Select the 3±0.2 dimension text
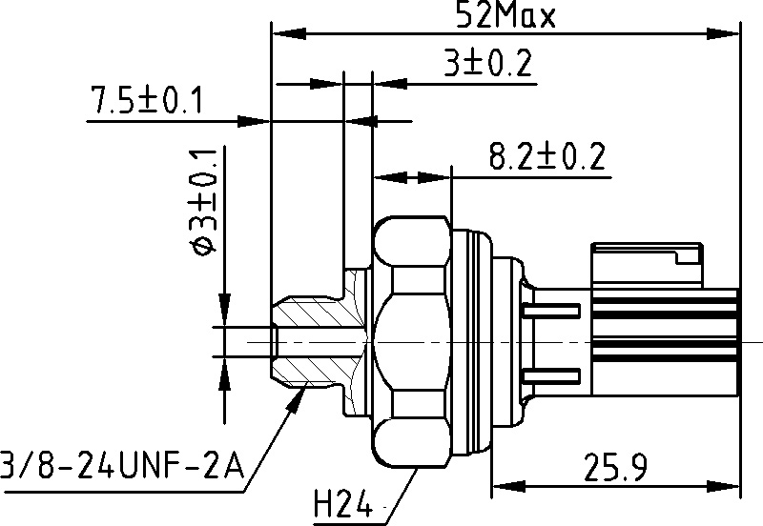coord(488,62)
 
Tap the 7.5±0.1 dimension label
coord(146,100)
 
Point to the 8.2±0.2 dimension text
coord(547,156)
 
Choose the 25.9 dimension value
coord(615,467)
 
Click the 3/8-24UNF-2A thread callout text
coord(122,465)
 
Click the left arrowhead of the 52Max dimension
coord(290,33)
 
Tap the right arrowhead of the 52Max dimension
coord(722,33)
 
